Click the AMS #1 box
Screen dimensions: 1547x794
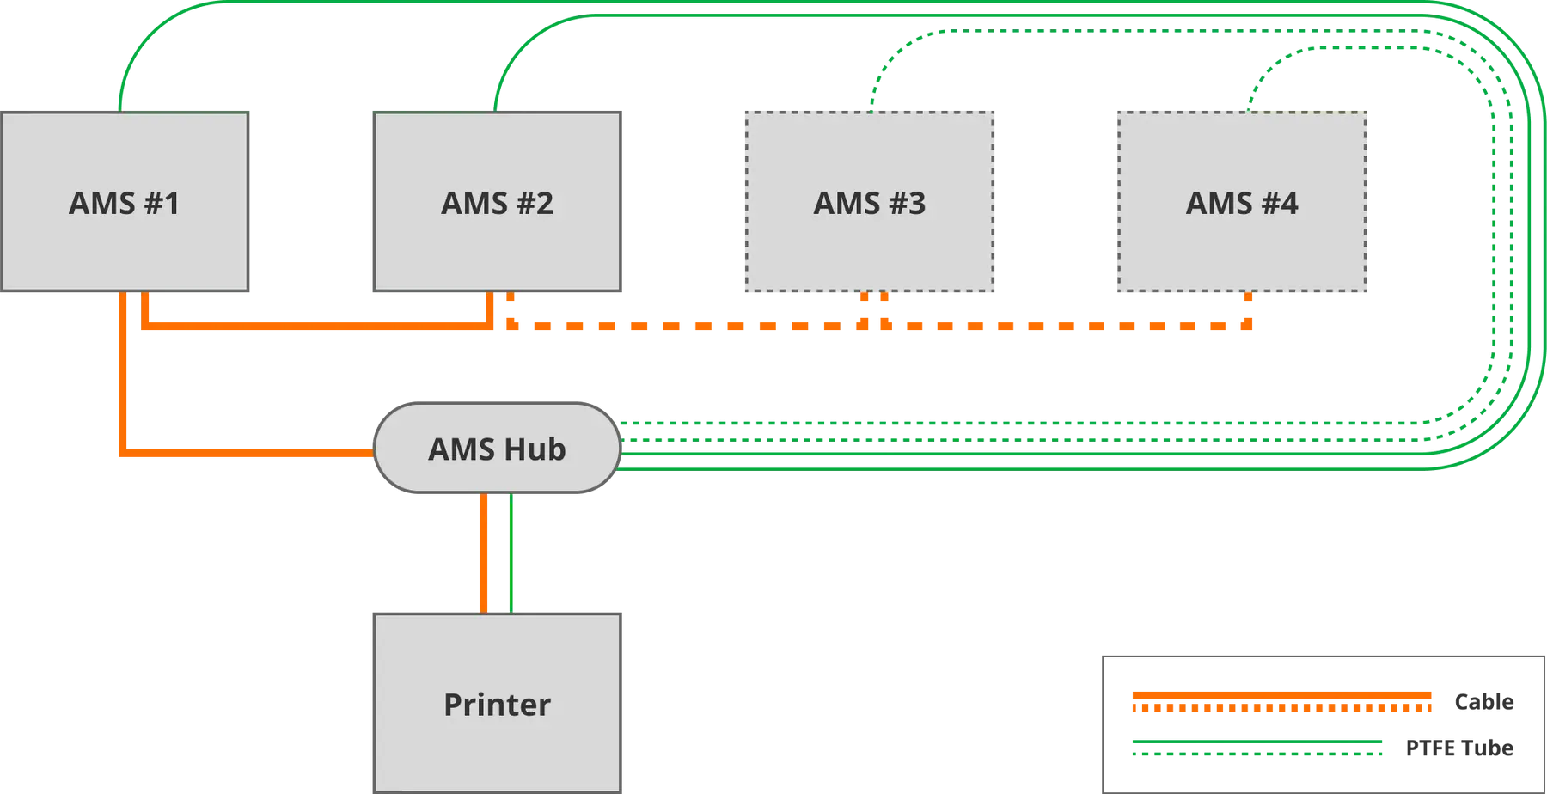(125, 202)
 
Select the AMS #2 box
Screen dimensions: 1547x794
(497, 202)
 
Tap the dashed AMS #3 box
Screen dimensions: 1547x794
(870, 202)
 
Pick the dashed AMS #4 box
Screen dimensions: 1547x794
(1242, 202)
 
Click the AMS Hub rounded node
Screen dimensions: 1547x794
(497, 448)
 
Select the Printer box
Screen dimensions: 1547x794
(497, 703)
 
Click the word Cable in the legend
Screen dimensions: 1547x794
(1483, 702)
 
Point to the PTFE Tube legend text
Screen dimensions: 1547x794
(1459, 748)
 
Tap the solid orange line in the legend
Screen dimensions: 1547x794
(1281, 695)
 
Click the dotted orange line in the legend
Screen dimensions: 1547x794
(1281, 708)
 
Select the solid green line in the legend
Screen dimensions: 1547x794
(1257, 741)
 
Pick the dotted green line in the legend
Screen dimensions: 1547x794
(1257, 754)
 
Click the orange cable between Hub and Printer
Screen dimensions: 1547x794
(484, 553)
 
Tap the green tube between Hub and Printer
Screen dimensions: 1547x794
(511, 553)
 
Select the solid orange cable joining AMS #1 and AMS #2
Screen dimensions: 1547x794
(318, 326)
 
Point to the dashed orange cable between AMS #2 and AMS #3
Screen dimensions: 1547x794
(688, 326)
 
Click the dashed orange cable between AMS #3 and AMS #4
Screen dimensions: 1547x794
(1066, 326)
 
